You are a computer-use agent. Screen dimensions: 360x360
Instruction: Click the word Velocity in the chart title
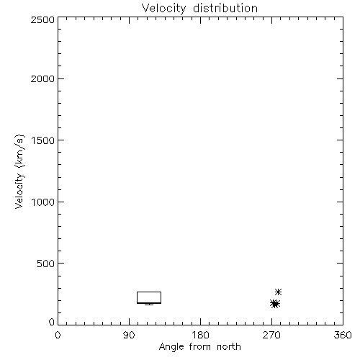(163, 9)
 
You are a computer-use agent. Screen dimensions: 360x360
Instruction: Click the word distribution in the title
(225, 8)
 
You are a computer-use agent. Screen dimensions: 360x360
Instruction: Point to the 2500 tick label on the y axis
(42, 19)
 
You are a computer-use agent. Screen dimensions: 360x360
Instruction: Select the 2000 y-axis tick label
(42, 78)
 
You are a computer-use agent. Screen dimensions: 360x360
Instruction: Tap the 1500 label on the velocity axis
(43, 140)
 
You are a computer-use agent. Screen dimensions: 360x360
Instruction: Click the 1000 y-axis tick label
(43, 202)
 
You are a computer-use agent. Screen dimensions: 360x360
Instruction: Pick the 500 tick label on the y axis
(46, 264)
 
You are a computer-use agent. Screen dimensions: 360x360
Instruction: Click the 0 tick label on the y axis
(52, 322)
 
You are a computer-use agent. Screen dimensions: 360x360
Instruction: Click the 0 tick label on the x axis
(58, 335)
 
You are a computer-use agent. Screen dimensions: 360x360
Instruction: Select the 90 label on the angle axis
(129, 335)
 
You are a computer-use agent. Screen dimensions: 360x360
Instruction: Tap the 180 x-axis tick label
(200, 335)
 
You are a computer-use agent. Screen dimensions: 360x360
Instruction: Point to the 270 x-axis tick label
(271, 335)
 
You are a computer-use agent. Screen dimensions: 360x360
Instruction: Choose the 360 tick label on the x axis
(343, 335)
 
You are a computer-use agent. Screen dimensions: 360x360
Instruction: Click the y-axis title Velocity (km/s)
(19, 171)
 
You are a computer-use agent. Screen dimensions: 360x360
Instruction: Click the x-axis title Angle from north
(200, 347)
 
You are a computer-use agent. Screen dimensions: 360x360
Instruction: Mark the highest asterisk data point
(278, 292)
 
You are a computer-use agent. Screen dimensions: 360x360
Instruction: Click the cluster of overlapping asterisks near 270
(275, 304)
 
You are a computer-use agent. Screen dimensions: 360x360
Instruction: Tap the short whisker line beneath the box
(149, 305)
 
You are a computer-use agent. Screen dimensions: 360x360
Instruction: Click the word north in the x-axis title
(229, 346)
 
